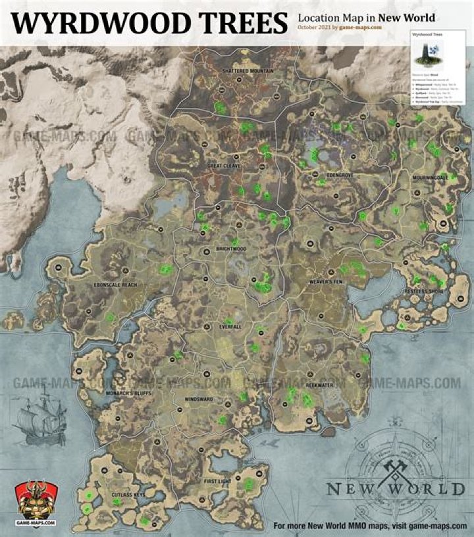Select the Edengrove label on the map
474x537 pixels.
[340, 176]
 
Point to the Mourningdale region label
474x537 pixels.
[431, 177]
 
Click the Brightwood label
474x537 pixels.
[230, 249]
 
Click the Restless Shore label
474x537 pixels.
[429, 290]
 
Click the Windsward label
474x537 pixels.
[199, 399]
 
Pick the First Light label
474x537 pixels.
[218, 482]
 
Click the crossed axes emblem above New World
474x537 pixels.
[395, 469]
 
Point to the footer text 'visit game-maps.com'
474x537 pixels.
[429, 526]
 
